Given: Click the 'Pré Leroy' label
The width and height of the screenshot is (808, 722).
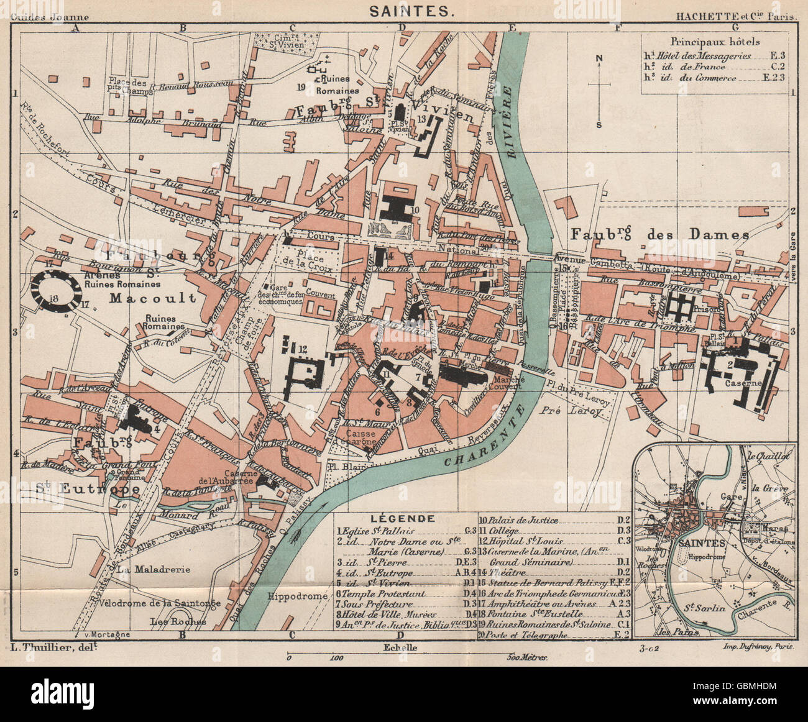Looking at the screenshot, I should tap(579, 411).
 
